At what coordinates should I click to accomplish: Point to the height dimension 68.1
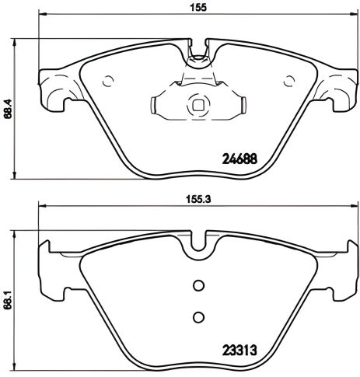click(7, 296)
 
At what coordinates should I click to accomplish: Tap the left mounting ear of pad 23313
click(51, 268)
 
